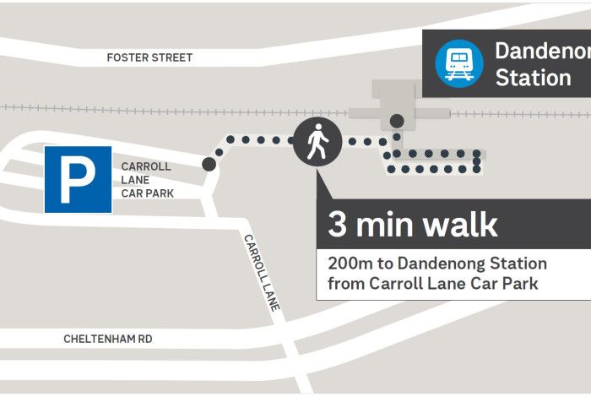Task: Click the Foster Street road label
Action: [149, 57]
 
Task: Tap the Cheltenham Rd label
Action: [108, 339]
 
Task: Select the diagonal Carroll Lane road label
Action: [262, 272]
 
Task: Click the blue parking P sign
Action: [78, 179]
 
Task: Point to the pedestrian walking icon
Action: [317, 141]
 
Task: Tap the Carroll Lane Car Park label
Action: [147, 180]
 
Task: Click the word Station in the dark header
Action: [533, 79]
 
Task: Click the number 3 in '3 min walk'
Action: [338, 226]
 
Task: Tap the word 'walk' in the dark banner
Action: [460, 226]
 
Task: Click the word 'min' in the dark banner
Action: [385, 226]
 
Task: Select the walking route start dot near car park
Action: [209, 164]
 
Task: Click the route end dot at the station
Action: [396, 121]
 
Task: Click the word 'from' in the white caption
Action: [345, 284]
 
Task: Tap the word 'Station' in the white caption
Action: [517, 264]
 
